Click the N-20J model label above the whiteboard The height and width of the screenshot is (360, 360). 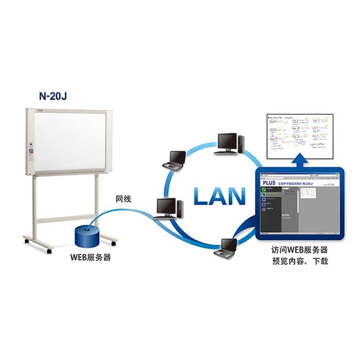click(53, 95)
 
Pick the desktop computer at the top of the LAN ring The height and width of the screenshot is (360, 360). click(227, 143)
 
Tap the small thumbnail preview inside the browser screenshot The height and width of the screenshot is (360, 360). click(309, 192)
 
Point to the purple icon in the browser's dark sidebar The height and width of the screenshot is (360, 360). click(264, 209)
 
